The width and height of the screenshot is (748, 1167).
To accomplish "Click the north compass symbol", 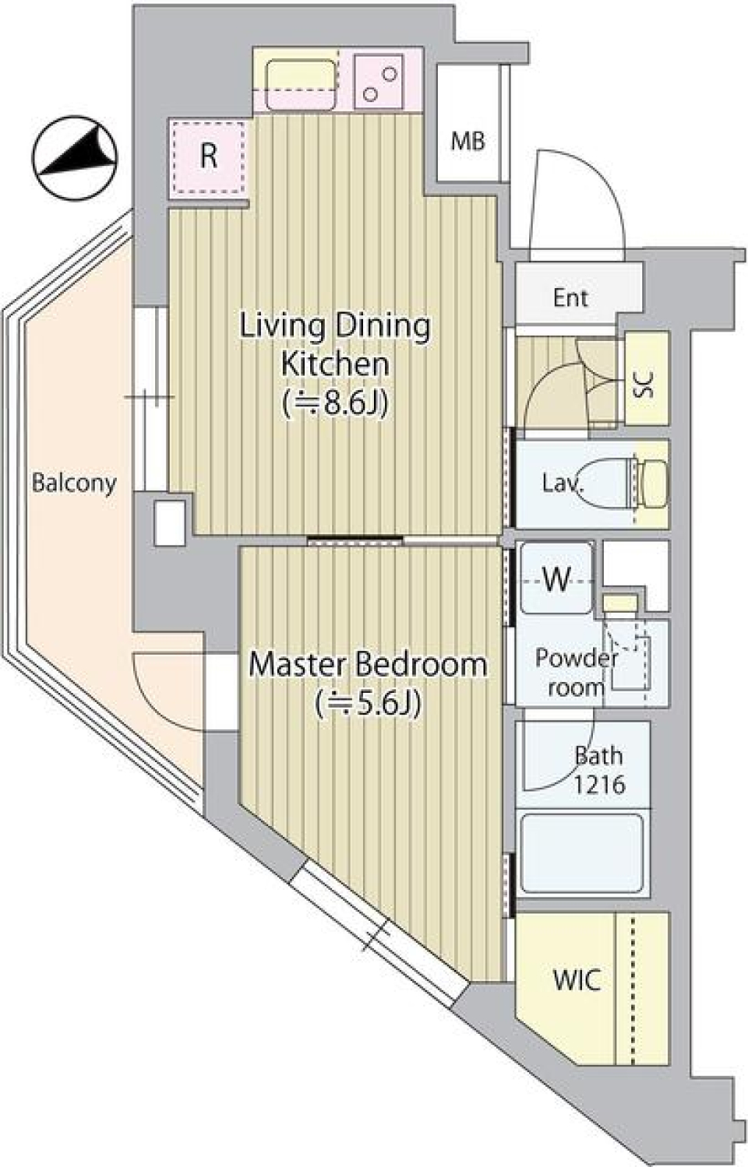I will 75,158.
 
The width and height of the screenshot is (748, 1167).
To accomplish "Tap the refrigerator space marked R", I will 208,156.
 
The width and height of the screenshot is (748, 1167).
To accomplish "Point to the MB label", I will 467,141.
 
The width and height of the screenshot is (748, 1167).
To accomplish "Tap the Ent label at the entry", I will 570,297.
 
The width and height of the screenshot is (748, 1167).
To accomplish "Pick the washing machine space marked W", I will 556,579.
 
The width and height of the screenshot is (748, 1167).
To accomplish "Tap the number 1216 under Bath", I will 598,783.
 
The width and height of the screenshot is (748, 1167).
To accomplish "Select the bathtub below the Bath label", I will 581,853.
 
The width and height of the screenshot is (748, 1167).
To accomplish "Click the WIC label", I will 577,980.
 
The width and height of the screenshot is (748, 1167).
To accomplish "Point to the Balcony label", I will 74,483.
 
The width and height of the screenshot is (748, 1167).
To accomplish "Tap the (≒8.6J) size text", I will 336,403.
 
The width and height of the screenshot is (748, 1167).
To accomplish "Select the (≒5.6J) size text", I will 369,703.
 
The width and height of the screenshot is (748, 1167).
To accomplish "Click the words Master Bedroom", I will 368,664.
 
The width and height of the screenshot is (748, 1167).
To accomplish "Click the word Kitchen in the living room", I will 334,364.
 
